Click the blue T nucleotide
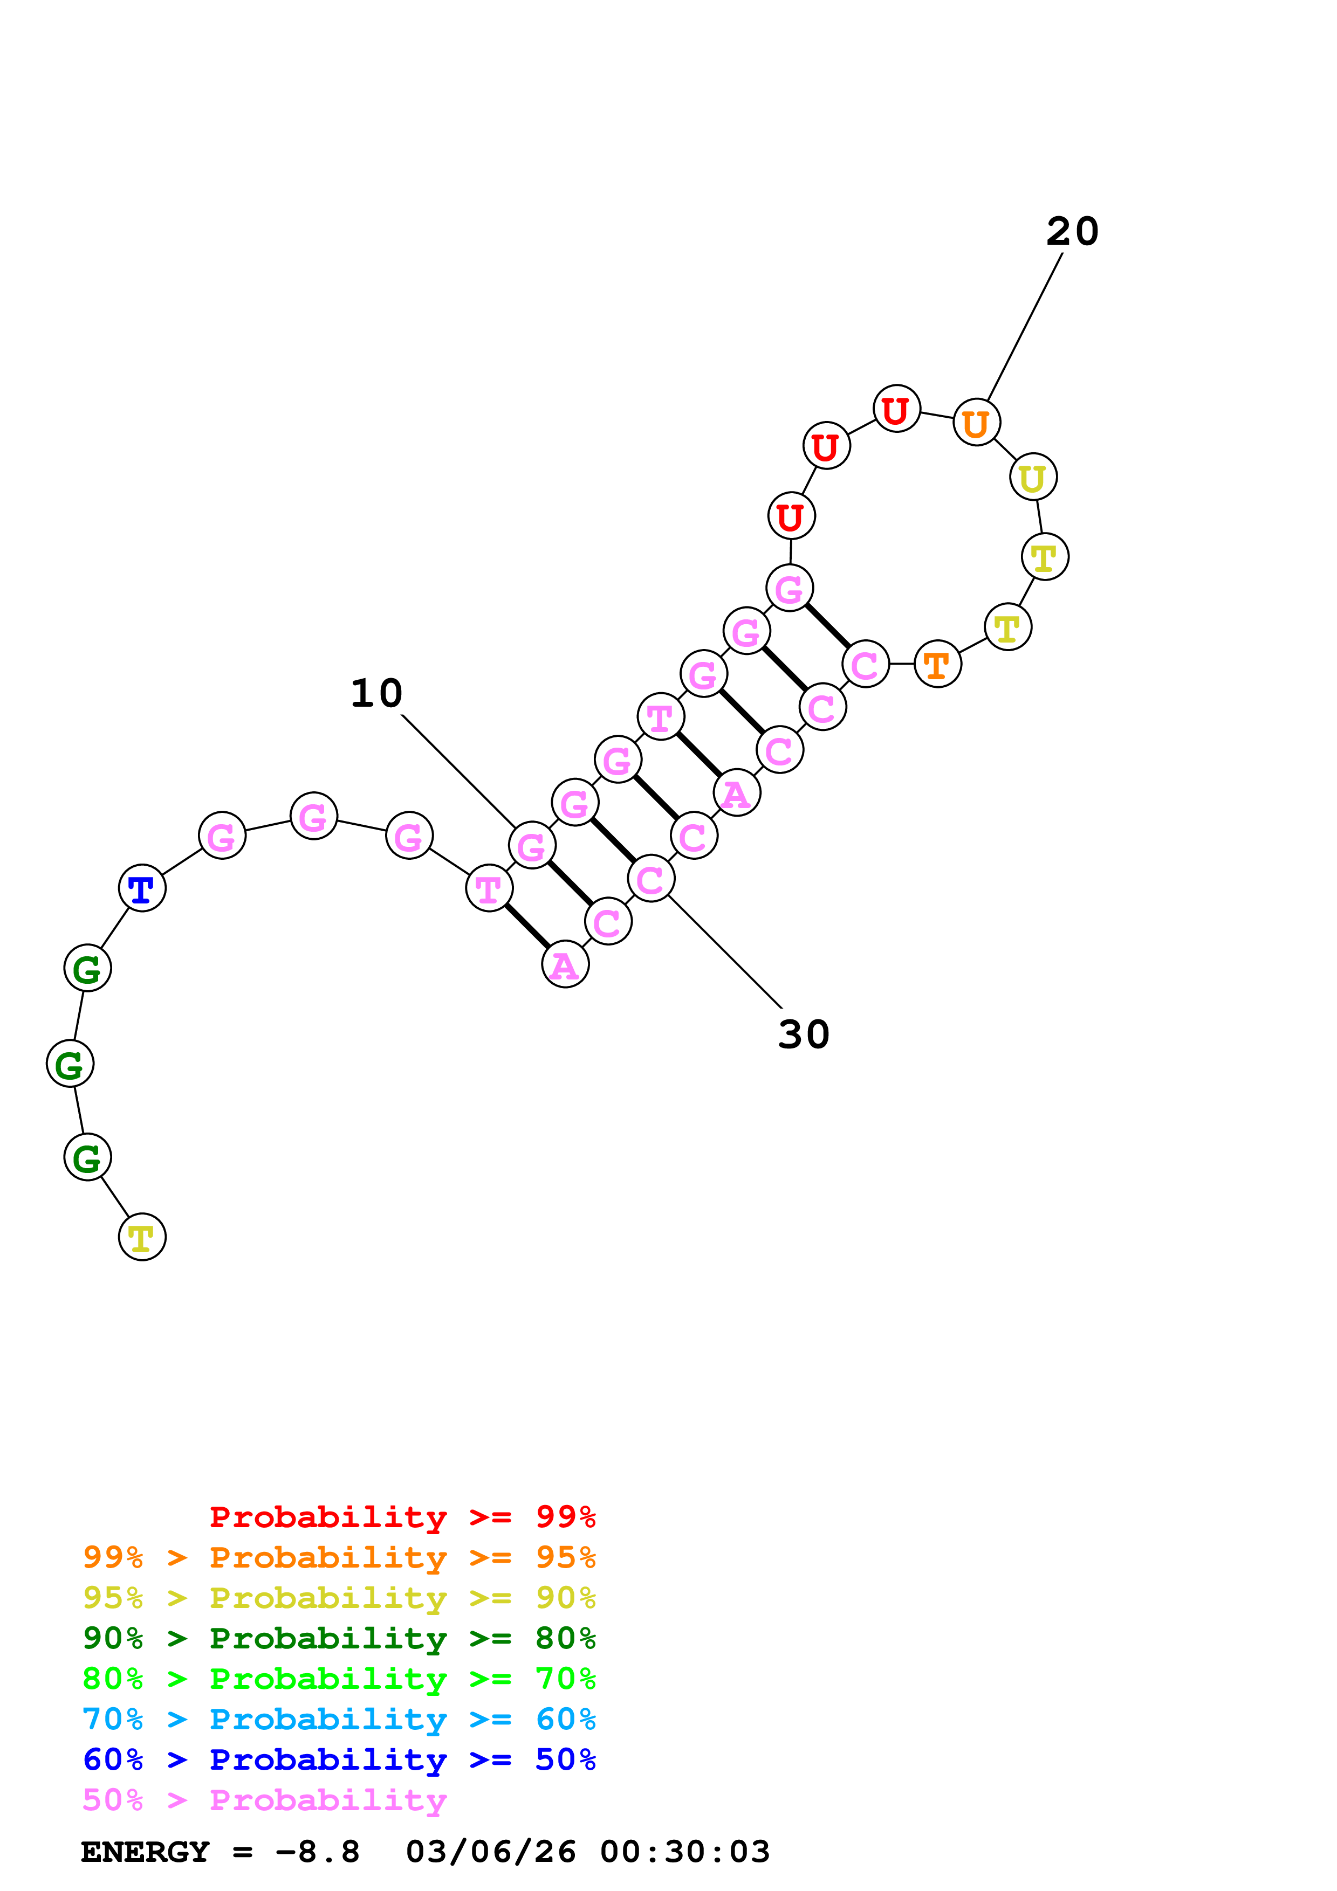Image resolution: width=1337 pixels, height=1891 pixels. tap(142, 889)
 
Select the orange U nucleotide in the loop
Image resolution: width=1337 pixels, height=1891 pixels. tap(976, 423)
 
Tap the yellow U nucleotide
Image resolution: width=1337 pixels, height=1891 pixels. tap(1033, 477)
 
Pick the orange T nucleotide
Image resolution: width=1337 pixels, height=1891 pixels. tap(937, 664)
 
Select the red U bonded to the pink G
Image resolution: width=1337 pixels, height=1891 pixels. tap(791, 516)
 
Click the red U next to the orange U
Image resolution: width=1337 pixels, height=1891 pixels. tap(896, 409)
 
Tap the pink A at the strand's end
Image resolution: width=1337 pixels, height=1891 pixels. tap(565, 964)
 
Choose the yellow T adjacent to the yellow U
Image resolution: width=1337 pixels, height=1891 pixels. tap(1045, 557)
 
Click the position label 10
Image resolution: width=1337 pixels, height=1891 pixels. tap(376, 693)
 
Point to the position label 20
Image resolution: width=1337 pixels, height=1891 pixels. tap(1073, 231)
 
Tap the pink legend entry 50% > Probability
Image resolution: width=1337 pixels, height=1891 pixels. tap(264, 1800)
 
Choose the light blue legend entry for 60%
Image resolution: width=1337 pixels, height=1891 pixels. tap(339, 1720)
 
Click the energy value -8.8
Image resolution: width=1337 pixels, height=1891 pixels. tap(317, 1852)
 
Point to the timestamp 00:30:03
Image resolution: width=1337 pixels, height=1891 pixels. tap(684, 1852)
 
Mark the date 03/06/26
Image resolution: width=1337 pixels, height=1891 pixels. tap(491, 1852)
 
